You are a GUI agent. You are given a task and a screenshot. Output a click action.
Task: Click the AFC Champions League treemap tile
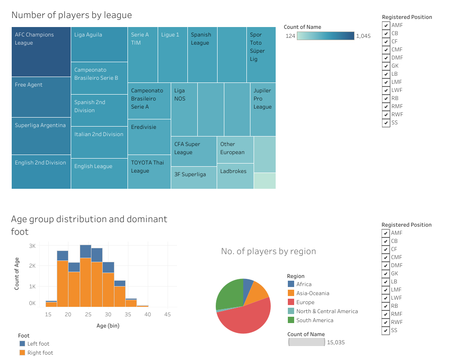pos(41,52)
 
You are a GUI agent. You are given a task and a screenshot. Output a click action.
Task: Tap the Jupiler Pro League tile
pos(263,109)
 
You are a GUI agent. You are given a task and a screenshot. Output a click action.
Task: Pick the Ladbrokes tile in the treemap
pos(235,176)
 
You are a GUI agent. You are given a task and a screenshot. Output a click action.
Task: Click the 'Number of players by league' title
pos(72,15)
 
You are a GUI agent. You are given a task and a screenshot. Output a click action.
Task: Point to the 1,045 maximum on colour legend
pos(363,36)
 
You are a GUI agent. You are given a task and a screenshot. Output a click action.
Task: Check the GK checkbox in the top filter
pos(386,66)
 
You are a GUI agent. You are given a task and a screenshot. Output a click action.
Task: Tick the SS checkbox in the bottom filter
pos(386,331)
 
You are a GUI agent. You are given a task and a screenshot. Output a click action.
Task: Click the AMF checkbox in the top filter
pos(386,25)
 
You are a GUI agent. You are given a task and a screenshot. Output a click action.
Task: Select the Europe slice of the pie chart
pos(243,318)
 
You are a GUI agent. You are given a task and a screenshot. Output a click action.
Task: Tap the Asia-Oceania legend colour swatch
pos(291,293)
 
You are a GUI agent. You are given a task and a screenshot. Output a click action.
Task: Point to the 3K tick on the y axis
pos(32,246)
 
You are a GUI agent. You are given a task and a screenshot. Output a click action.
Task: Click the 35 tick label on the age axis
pos(128,314)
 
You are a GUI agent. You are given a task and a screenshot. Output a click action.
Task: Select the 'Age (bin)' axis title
pos(108,326)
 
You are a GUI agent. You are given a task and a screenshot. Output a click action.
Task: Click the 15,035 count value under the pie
pos(336,342)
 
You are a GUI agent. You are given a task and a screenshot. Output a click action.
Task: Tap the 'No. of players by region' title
pos(268,251)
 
